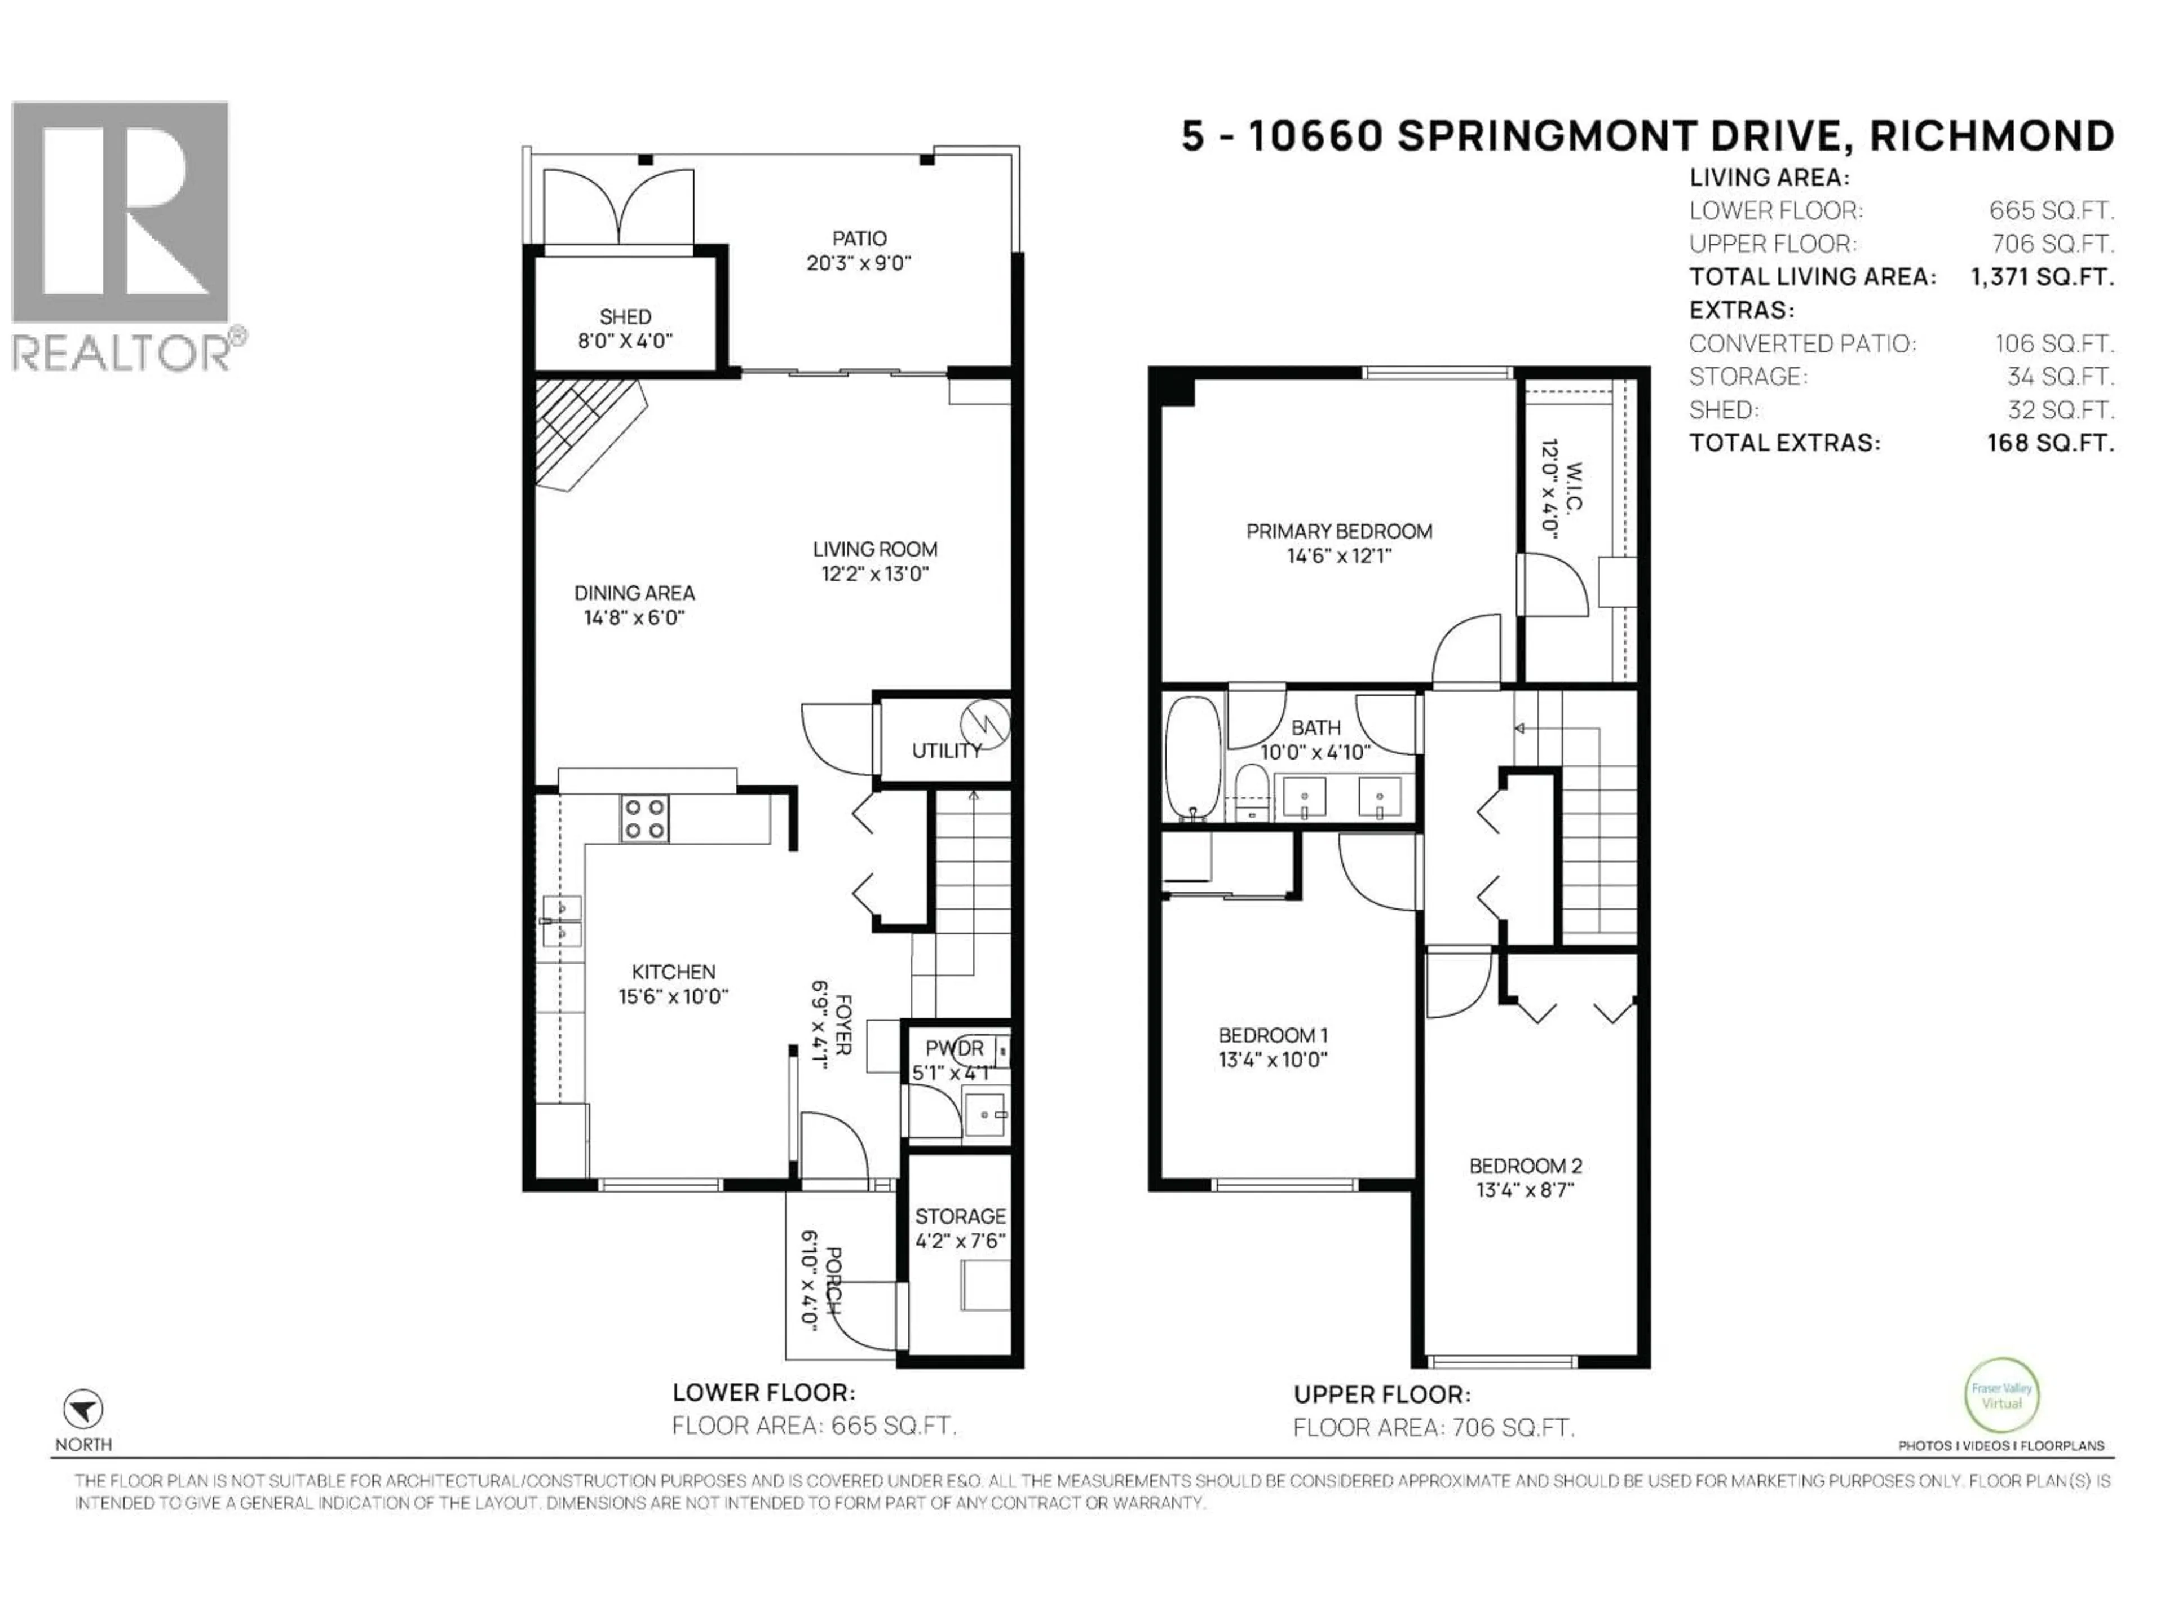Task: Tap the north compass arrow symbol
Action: pyautogui.click(x=83, y=1410)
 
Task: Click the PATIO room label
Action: pyautogui.click(x=859, y=238)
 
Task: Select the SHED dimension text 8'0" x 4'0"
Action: pyautogui.click(x=625, y=341)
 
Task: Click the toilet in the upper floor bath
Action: pyautogui.click(x=1251, y=793)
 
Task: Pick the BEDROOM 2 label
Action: pyautogui.click(x=1525, y=1166)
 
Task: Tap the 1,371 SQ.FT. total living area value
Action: pyautogui.click(x=2042, y=277)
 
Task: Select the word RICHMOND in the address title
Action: pyautogui.click(x=1992, y=136)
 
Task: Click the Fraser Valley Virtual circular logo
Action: pyautogui.click(x=2001, y=1396)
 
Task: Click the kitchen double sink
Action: pyautogui.click(x=562, y=921)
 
